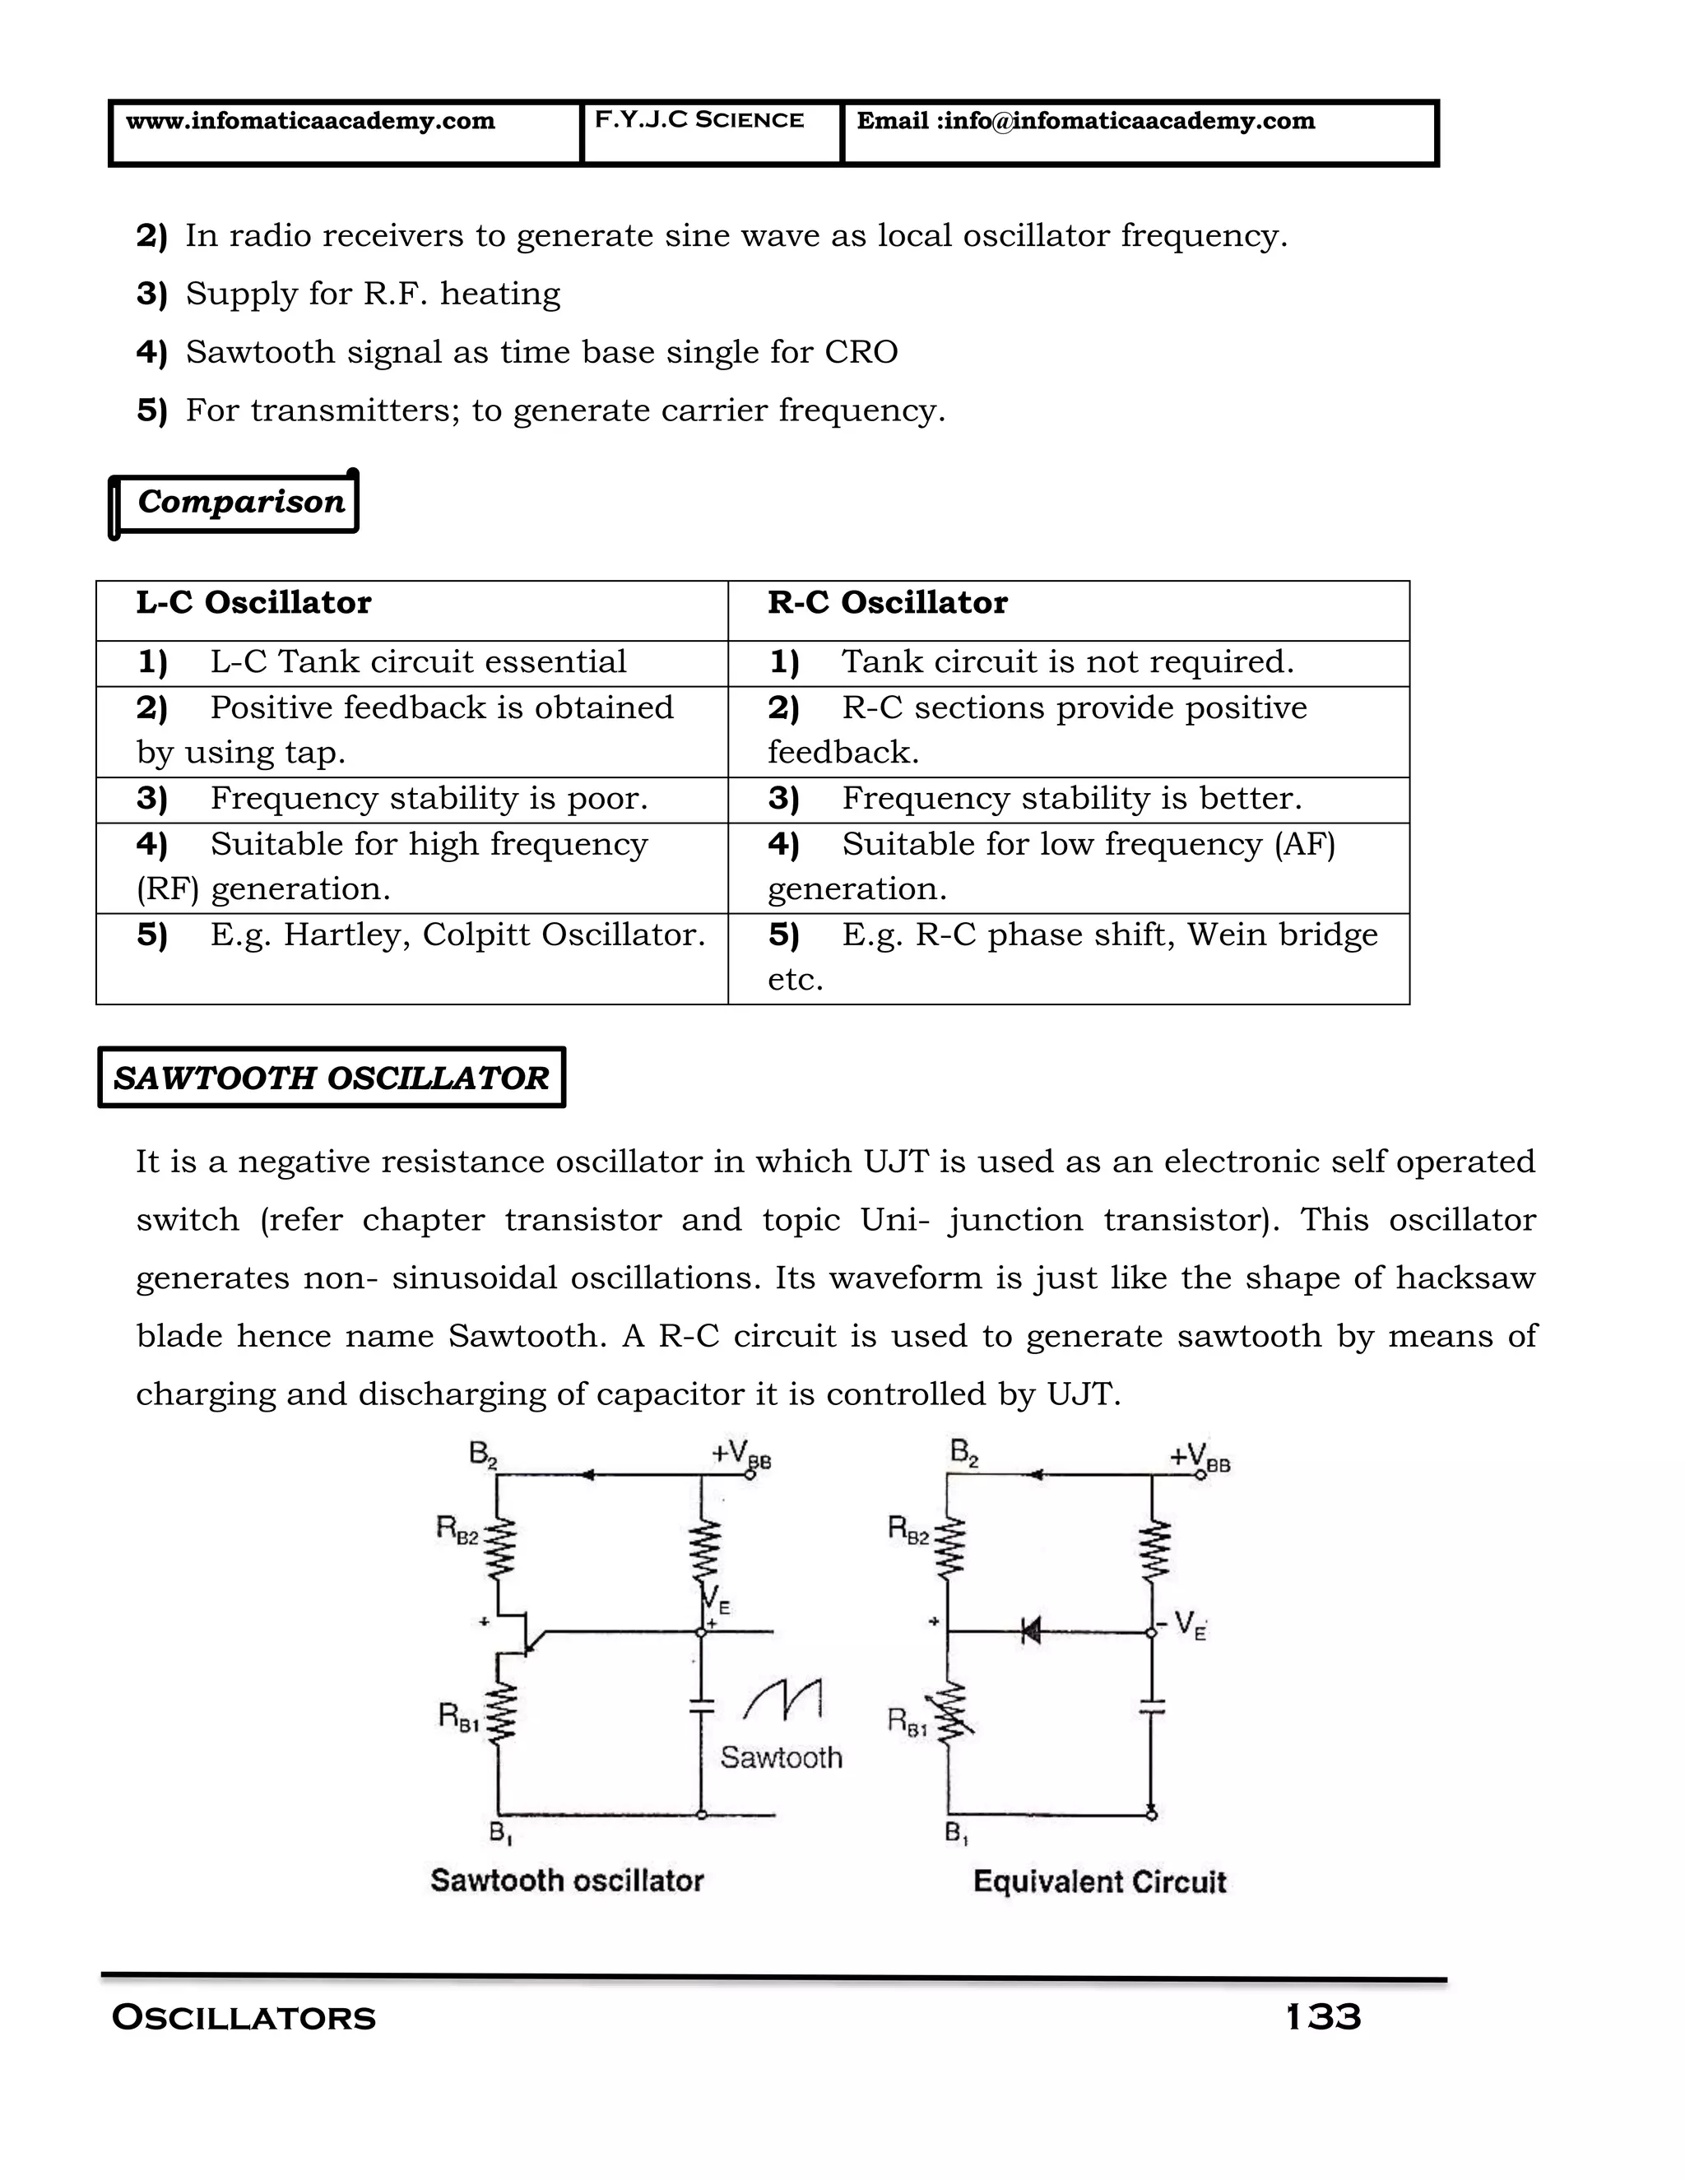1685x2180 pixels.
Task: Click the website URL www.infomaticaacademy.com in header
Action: [309, 121]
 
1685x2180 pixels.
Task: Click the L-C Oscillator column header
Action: [253, 603]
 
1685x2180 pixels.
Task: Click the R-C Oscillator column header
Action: [888, 603]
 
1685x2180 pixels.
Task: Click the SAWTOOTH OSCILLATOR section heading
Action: [332, 1078]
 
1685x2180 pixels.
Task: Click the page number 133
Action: [1324, 2017]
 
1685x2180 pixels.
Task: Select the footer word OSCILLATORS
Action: [244, 2018]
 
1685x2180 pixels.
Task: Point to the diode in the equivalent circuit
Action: [1030, 1632]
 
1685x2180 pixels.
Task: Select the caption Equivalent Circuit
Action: [1099, 1882]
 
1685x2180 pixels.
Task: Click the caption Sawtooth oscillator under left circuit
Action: [567, 1881]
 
